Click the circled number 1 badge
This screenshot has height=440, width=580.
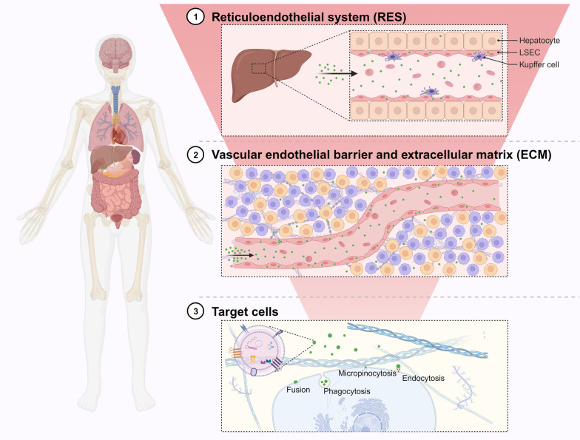194,16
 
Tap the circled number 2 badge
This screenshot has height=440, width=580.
194,155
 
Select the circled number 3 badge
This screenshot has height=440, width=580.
194,311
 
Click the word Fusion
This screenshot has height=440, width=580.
297,389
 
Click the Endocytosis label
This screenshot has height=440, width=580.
424,379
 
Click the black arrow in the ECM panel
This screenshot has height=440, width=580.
250,256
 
